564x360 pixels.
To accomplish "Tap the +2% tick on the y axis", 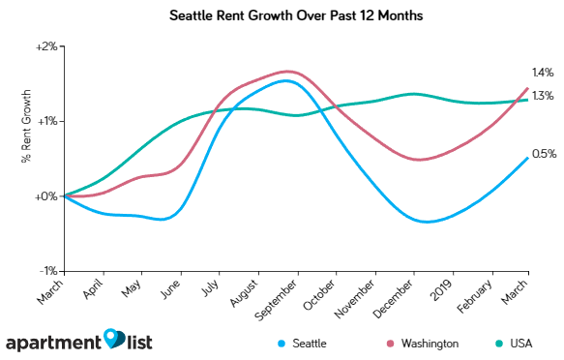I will coord(47,45).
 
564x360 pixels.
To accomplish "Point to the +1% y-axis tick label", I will coord(47,121).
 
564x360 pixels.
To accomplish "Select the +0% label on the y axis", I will coord(47,196).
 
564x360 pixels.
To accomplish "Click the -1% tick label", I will coord(48,271).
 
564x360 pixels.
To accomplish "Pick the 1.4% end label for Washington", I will coord(543,73).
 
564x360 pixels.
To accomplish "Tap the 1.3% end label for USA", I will coord(543,95).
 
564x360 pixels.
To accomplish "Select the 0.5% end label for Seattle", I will coord(543,153).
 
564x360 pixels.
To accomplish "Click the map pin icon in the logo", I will coord(115,339).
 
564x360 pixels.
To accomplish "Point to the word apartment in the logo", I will coord(54,343).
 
